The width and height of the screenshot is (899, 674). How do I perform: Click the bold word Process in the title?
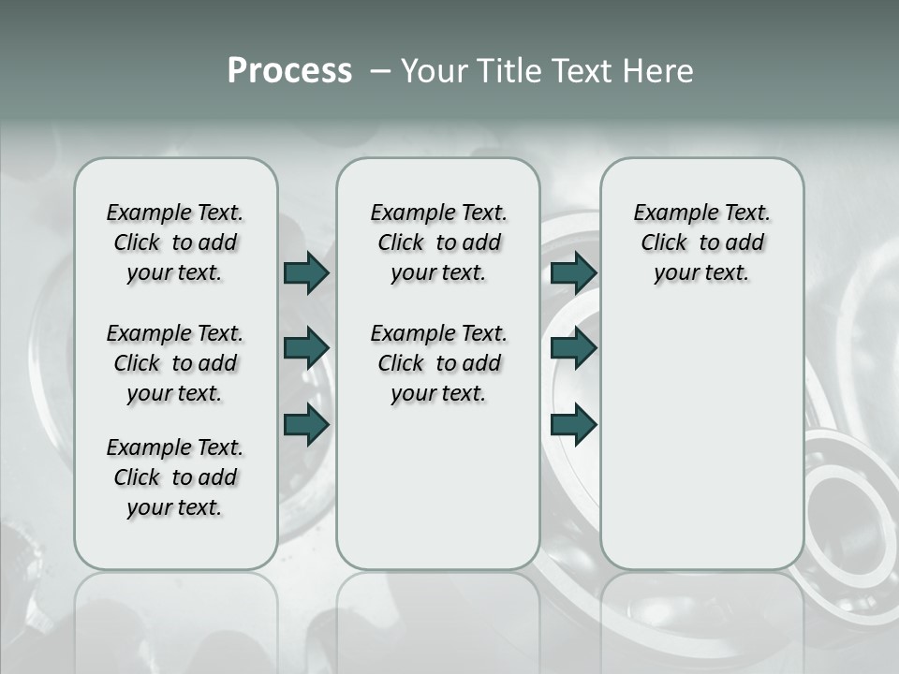[289, 71]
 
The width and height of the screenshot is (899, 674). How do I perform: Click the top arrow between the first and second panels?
[306, 272]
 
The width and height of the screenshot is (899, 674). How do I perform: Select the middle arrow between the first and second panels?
[306, 348]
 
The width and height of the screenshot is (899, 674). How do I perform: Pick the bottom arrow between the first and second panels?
[306, 424]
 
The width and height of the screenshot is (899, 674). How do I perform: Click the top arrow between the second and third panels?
[573, 272]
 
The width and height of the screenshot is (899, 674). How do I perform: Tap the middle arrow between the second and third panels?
[573, 348]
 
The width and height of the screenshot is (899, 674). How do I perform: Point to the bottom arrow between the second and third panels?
[573, 424]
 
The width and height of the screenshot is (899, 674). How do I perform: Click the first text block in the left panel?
[175, 242]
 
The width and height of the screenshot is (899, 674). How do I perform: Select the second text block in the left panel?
[175, 363]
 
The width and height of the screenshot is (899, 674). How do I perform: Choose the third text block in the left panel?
[175, 477]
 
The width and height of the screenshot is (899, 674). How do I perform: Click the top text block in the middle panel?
[438, 242]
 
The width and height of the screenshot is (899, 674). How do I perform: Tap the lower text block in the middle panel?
[438, 363]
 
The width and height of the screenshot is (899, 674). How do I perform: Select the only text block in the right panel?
[701, 242]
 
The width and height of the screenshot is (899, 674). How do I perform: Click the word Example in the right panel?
[669, 213]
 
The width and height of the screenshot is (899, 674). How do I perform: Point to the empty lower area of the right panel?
[701, 431]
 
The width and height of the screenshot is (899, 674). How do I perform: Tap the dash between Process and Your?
[380, 72]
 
